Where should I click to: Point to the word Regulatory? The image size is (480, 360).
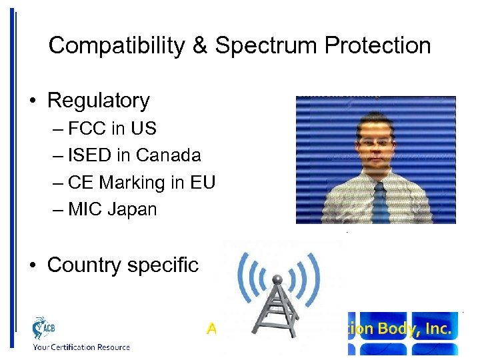99,101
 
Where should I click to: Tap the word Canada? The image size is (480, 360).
168,155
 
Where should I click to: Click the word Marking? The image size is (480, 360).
135,183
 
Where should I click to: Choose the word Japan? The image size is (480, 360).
132,209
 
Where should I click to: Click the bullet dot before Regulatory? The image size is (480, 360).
33,101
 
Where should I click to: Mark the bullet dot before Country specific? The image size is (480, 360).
33,265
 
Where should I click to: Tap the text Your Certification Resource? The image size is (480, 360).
81,347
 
